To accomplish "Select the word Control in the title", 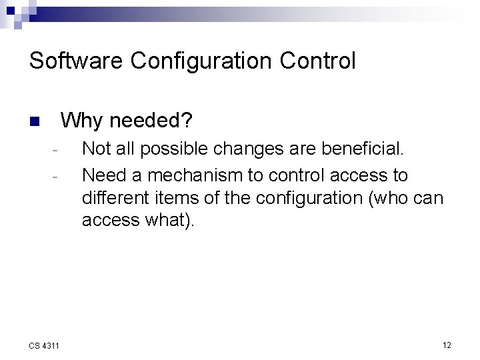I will pos(318,61).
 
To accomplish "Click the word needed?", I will pos(151,121).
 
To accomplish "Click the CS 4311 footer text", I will pos(45,345).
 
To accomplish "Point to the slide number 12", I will pos(447,345).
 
